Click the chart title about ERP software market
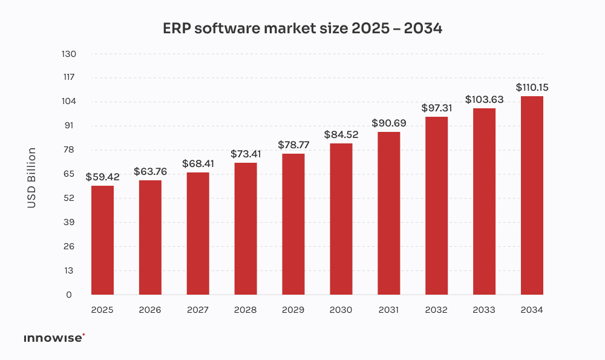click(x=302, y=28)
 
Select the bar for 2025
click(x=102, y=240)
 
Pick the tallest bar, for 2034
click(x=532, y=195)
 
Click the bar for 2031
click(x=388, y=213)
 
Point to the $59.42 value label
click(x=102, y=177)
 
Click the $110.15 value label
click(x=532, y=88)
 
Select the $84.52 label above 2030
click(x=341, y=135)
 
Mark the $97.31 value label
click(x=437, y=108)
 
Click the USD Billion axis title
click(x=31, y=178)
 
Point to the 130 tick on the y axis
click(x=68, y=54)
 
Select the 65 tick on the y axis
click(x=68, y=174)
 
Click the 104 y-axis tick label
click(x=68, y=102)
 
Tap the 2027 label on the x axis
click(x=198, y=310)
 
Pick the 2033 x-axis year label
click(x=484, y=310)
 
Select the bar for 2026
click(x=150, y=237)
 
